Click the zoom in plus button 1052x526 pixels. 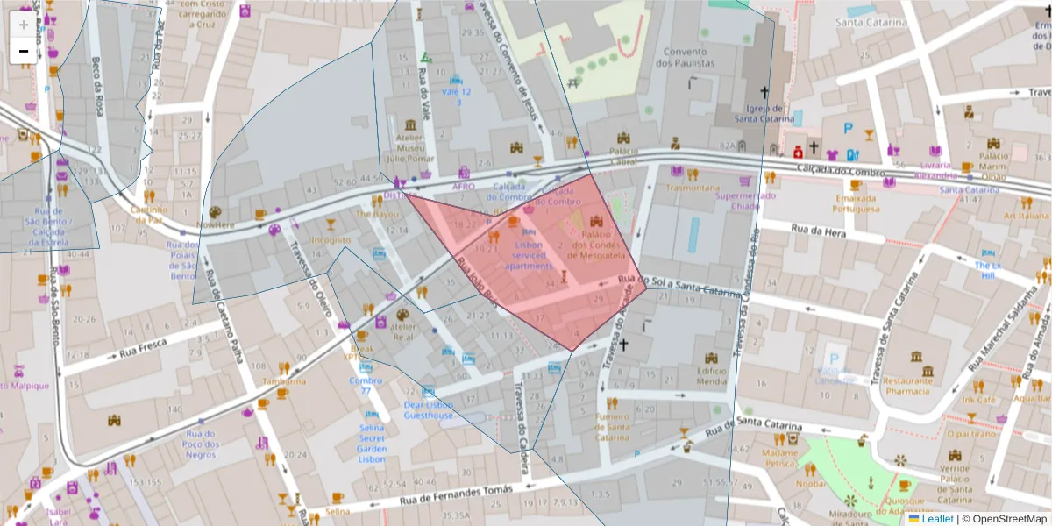pyautogui.click(x=24, y=25)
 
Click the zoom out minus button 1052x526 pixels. pyautogui.click(x=24, y=51)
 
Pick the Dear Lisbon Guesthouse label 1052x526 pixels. pyautogui.click(x=429, y=409)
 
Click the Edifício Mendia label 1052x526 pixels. pyautogui.click(x=711, y=376)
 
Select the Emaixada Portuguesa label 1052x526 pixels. pyautogui.click(x=856, y=203)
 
